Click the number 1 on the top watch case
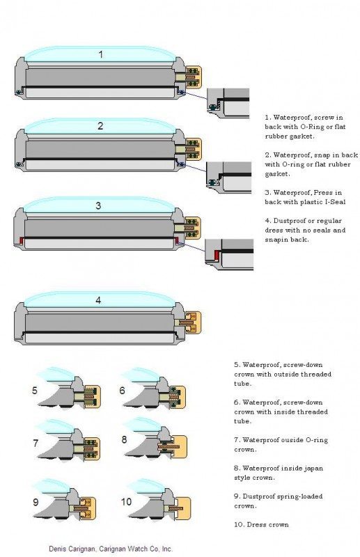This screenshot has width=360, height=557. [100, 54]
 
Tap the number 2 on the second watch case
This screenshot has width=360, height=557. [100, 126]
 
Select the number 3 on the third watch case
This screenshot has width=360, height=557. [99, 205]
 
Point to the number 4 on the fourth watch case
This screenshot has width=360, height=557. [99, 300]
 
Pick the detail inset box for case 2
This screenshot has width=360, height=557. [229, 177]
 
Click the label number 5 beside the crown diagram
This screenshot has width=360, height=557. [35, 390]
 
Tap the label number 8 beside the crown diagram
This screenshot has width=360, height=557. [124, 439]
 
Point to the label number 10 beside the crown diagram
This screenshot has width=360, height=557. [127, 501]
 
